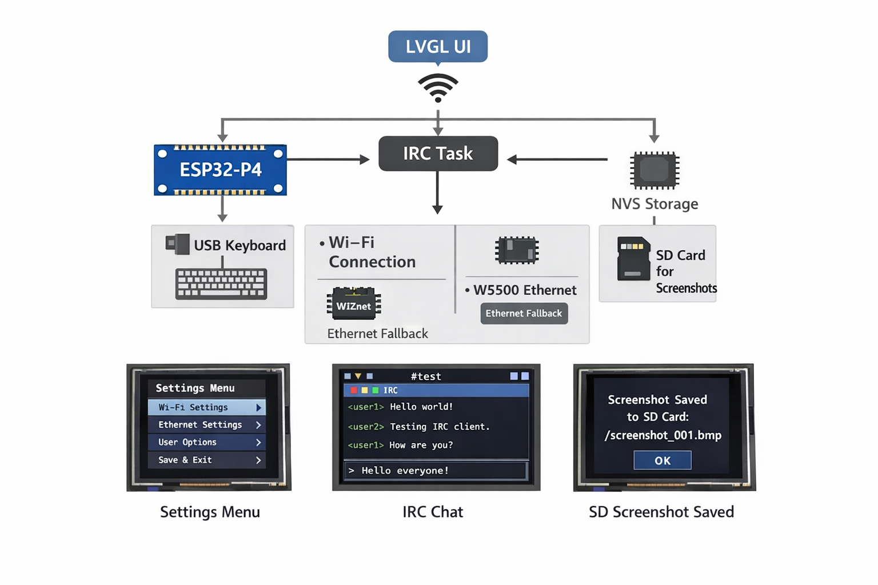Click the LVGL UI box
438,46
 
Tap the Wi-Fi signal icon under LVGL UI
438,88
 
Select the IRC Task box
438,154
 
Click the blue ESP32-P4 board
220,170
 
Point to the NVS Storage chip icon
654,170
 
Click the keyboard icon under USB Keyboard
221,283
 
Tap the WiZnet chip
354,303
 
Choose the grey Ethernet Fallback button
524,313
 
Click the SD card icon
633,259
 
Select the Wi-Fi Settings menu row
206,407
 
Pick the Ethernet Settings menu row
206,425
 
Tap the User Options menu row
206,442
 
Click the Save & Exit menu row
206,460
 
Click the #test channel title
426,376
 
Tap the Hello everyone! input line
436,471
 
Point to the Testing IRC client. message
439,427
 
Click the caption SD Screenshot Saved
661,512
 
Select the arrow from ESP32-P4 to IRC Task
328,159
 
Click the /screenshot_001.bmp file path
663,435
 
